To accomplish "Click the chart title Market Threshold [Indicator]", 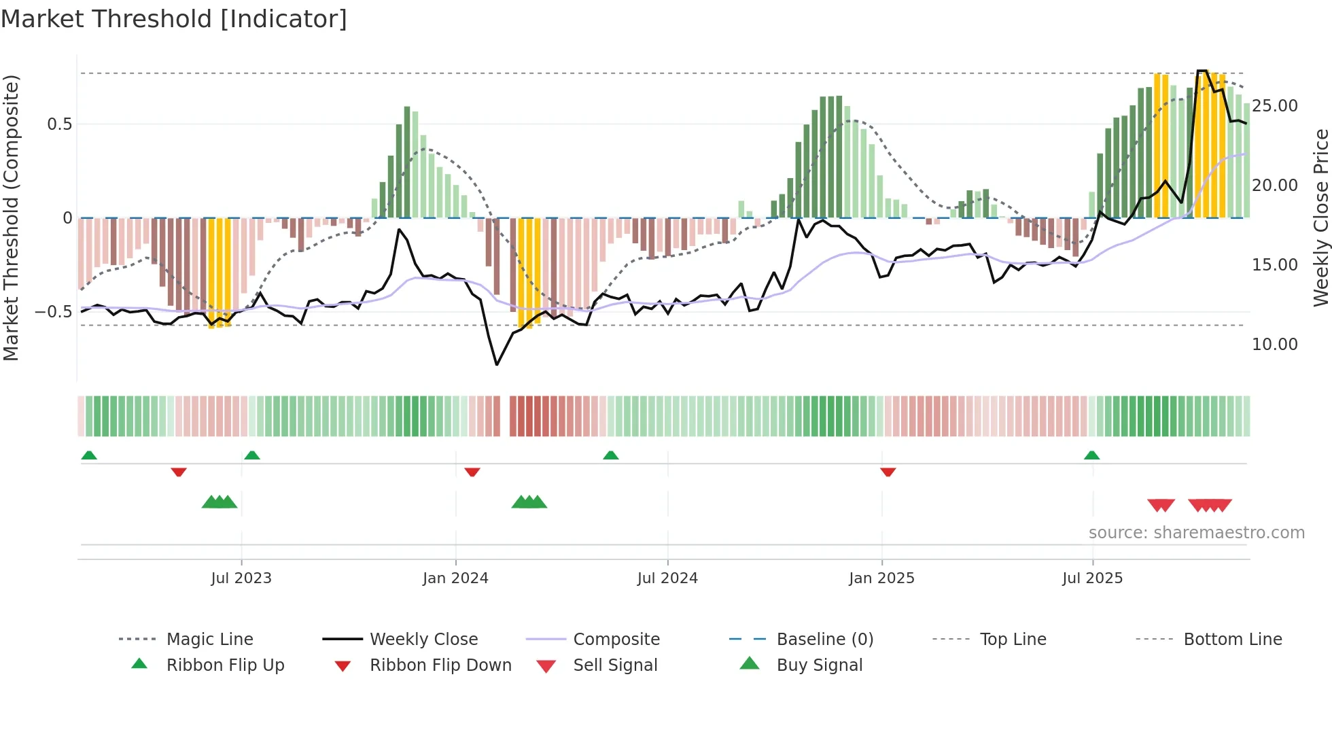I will (x=174, y=19).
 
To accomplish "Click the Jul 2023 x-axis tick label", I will (x=241, y=578).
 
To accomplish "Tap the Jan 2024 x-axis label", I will (x=455, y=578).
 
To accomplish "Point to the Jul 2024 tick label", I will (x=667, y=578).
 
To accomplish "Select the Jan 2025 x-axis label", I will (x=881, y=578).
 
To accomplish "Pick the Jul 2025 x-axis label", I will (x=1092, y=578).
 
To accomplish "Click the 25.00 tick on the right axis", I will (x=1274, y=106).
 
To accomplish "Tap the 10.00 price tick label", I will (x=1274, y=345).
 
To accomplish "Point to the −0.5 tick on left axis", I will (x=53, y=312).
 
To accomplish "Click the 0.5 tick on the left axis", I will (x=59, y=124).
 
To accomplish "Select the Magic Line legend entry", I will (x=209, y=640).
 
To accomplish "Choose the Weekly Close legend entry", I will (x=423, y=640).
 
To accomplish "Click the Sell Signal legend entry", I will (x=615, y=665).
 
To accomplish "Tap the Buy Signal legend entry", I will (x=819, y=665).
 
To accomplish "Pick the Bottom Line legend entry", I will (x=1232, y=640).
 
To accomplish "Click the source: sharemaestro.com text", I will (x=1196, y=533).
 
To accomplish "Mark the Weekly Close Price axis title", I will (x=1320, y=217).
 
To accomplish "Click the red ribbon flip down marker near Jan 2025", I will (x=888, y=472).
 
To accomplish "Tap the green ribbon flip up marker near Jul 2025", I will (x=1091, y=455).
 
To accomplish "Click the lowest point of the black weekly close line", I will (x=497, y=365).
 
